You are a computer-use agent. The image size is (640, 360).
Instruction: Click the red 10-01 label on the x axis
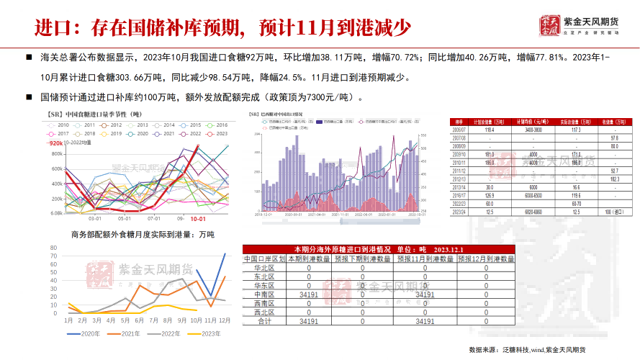(197, 217)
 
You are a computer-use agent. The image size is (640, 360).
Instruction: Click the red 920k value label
(55, 143)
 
